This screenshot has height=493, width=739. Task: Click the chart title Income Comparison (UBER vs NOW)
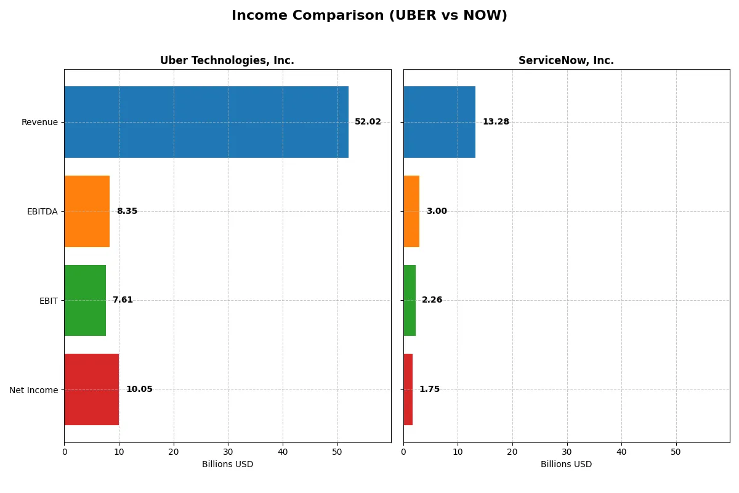click(x=369, y=16)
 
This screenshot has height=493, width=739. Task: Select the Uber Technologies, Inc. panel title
click(x=227, y=60)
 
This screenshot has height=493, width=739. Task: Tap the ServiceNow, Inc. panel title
click(x=566, y=60)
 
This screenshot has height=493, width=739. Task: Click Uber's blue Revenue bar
click(x=206, y=122)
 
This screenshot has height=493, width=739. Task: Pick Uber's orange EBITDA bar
click(x=87, y=211)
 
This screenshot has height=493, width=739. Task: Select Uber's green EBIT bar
click(x=85, y=300)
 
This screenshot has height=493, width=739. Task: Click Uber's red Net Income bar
click(x=92, y=389)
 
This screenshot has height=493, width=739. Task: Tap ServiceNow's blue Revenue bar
click(x=439, y=122)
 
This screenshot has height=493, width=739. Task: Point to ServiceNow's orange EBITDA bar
click(x=411, y=211)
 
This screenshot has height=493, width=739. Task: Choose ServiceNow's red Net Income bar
click(x=408, y=389)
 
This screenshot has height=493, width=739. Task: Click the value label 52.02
click(x=368, y=122)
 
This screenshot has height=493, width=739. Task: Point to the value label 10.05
click(x=139, y=389)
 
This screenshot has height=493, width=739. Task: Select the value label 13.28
click(x=496, y=122)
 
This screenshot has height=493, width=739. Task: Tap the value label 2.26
click(x=432, y=300)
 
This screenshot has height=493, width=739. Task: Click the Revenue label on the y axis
click(x=39, y=122)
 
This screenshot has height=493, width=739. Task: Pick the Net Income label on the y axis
click(x=34, y=390)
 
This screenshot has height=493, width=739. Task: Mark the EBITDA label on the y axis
click(x=42, y=211)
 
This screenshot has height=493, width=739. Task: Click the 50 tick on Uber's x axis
click(x=337, y=452)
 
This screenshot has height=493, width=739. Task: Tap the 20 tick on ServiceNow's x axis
click(x=512, y=452)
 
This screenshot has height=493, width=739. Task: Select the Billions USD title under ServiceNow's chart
click(x=566, y=465)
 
